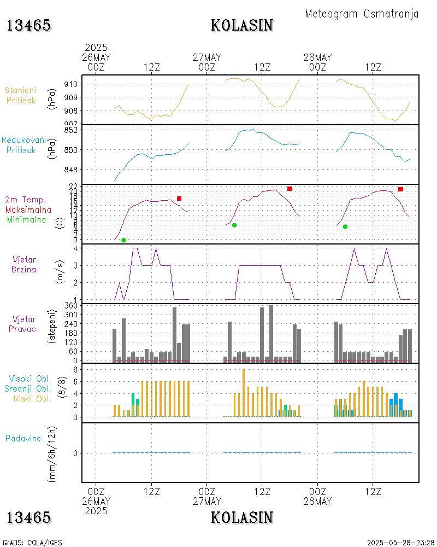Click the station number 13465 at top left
pos(29,25)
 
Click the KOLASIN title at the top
pos(242,25)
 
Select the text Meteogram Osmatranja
pos(362,14)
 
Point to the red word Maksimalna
pos(28,210)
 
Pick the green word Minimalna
pos(27,219)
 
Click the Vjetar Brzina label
pos(26,264)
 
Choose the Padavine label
pos(23,438)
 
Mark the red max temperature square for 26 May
pos(179,199)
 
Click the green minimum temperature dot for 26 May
pos(123,240)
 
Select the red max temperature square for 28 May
pos(400,189)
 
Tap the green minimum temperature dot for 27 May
pos(234,225)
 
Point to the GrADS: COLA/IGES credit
pos(32,543)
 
